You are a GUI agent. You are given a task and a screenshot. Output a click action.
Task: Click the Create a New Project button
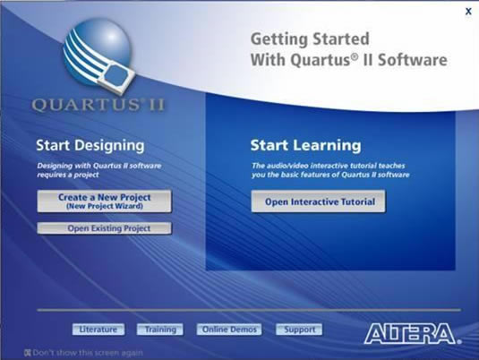click(x=104, y=201)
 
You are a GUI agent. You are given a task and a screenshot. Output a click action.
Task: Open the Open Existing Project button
click(x=104, y=228)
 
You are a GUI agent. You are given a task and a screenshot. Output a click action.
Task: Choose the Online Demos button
click(x=228, y=330)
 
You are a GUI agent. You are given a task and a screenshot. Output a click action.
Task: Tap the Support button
click(x=299, y=330)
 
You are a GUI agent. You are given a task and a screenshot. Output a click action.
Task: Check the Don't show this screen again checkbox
click(x=29, y=353)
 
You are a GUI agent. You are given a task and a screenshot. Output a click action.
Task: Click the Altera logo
click(x=411, y=334)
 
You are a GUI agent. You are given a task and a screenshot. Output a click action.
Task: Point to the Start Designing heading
click(x=90, y=145)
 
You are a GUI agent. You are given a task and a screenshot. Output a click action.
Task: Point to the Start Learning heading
click(x=305, y=145)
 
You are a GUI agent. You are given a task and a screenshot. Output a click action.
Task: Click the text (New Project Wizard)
click(x=104, y=206)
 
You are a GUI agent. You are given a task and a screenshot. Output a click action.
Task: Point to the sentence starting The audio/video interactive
click(x=329, y=170)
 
